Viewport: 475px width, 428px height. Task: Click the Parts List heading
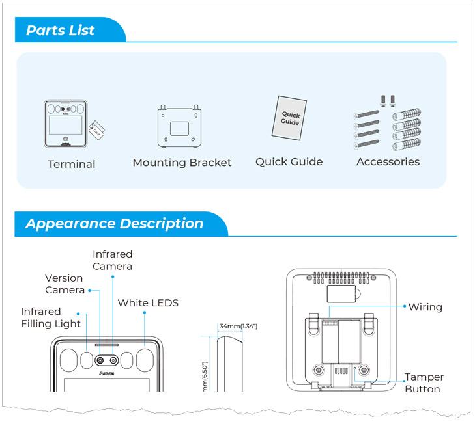tap(61, 30)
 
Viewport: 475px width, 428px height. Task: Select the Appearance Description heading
tap(114, 224)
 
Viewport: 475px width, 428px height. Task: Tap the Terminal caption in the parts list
tap(72, 164)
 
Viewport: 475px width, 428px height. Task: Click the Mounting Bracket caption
tap(182, 163)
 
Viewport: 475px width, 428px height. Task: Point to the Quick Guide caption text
tap(289, 162)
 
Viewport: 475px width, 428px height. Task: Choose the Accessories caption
tap(388, 162)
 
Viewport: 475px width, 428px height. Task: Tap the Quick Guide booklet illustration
tap(289, 118)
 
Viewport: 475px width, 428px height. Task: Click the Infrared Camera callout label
tap(112, 260)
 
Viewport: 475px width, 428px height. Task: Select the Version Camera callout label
tap(65, 284)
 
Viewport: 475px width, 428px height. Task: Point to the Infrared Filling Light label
tap(51, 317)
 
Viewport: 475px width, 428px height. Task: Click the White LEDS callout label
tap(148, 302)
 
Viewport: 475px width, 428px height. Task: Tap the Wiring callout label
tap(425, 307)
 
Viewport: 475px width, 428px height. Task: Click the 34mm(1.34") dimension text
tap(238, 326)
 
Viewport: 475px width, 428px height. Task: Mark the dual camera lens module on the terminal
tap(106, 360)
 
